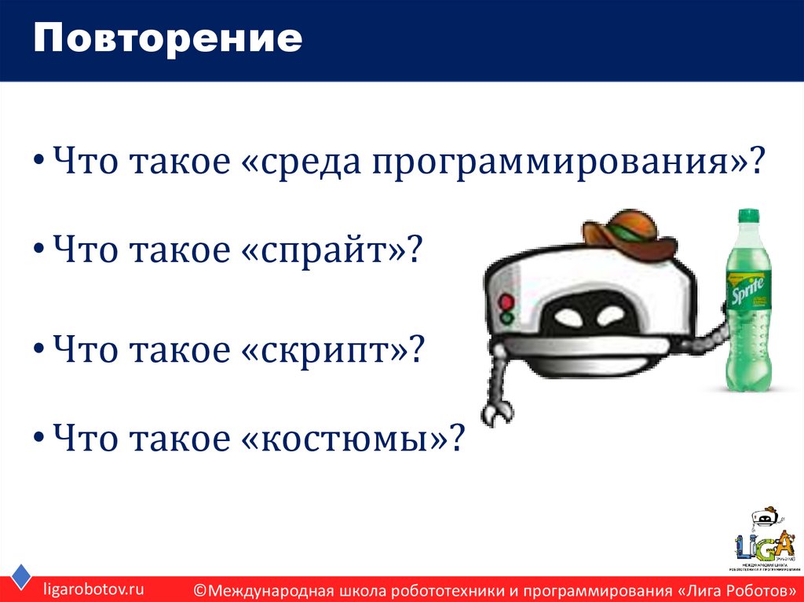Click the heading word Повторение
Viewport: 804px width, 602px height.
click(x=167, y=39)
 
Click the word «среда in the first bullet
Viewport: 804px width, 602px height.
click(x=301, y=163)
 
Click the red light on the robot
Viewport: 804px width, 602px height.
click(x=506, y=301)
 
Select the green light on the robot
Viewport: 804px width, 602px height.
click(x=506, y=319)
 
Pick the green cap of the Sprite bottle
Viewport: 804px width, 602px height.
click(x=748, y=215)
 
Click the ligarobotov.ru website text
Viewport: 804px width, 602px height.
click(x=93, y=587)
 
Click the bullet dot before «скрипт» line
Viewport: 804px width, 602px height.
click(x=38, y=348)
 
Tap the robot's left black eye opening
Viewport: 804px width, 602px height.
click(x=570, y=316)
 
